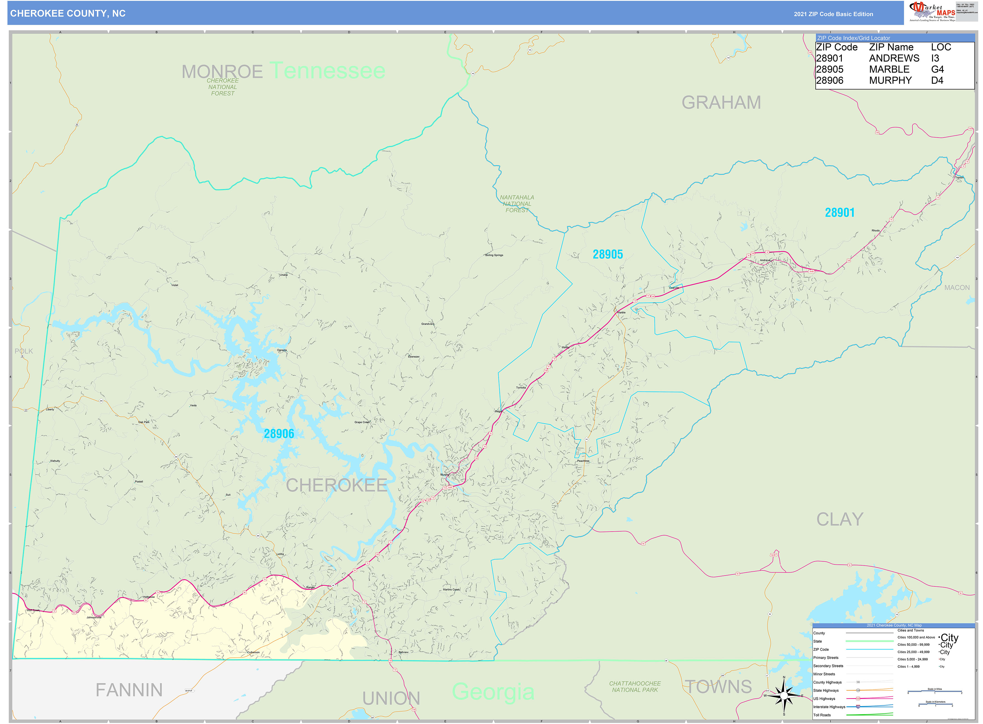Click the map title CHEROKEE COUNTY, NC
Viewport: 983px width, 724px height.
(x=68, y=14)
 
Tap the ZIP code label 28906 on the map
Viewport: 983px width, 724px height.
(x=279, y=434)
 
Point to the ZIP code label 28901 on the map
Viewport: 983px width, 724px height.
(x=839, y=212)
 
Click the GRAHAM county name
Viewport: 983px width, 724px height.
(x=721, y=102)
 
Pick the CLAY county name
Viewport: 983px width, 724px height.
(x=839, y=519)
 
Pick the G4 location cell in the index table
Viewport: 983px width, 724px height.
(x=937, y=69)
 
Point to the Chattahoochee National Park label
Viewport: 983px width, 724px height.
(x=635, y=686)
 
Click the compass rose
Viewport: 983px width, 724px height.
(x=784, y=696)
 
